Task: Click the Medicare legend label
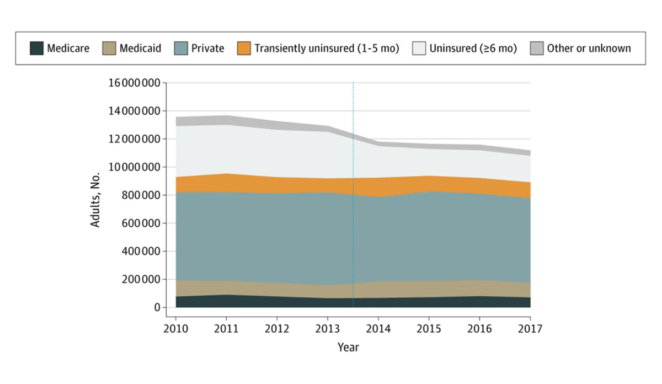tap(68, 48)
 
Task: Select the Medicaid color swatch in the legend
tap(109, 48)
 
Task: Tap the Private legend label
tap(207, 48)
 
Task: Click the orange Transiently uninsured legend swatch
tap(244, 48)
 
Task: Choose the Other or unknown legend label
tap(589, 48)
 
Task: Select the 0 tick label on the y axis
tap(157, 307)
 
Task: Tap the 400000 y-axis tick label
tap(138, 251)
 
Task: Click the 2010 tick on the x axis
tap(176, 329)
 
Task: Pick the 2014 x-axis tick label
tap(378, 329)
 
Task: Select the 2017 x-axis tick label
tap(530, 329)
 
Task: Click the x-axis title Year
tap(348, 347)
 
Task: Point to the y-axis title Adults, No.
tap(95, 195)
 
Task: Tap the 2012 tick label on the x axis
tap(277, 329)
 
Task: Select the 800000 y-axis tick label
tap(138, 195)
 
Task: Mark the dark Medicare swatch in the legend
tap(36, 48)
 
